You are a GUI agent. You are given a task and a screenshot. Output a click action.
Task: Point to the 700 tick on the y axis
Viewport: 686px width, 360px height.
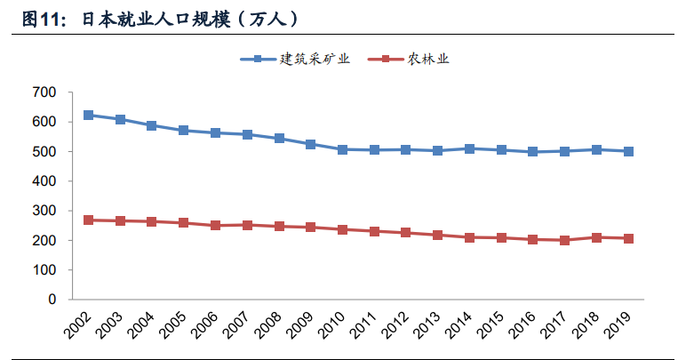(x=44, y=92)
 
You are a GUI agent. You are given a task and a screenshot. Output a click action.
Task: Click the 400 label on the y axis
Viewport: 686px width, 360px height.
(x=44, y=181)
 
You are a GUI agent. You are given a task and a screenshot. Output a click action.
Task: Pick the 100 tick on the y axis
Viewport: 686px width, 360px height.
(x=44, y=270)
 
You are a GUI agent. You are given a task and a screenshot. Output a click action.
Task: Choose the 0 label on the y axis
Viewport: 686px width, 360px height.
(x=52, y=300)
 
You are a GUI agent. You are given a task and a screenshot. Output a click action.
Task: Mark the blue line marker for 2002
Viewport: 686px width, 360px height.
(x=88, y=116)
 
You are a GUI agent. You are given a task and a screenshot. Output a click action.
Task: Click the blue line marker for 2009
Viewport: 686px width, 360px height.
(x=310, y=144)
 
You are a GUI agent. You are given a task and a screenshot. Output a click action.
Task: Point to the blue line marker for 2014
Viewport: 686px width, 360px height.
(x=469, y=148)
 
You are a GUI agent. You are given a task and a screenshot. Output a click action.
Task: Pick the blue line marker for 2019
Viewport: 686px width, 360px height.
(x=628, y=151)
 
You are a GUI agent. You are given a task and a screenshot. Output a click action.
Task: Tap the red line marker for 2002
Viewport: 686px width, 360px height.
(x=88, y=220)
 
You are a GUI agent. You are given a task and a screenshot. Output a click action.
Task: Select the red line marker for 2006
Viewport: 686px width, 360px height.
(x=215, y=226)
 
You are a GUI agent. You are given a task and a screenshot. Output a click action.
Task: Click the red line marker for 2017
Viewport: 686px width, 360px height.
(x=564, y=240)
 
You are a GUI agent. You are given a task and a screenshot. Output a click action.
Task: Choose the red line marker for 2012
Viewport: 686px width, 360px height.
(x=405, y=233)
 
